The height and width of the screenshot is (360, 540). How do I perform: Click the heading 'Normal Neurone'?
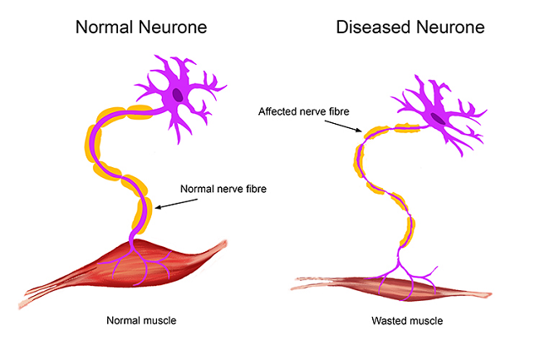tap(140, 27)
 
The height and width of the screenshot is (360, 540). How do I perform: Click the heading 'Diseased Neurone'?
tap(410, 27)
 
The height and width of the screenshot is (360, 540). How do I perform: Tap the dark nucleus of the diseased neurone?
tap(437, 118)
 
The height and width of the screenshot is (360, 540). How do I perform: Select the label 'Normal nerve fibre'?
tap(223, 188)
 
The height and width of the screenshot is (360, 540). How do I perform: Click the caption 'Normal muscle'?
tap(141, 319)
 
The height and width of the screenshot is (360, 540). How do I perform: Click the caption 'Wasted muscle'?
tap(407, 319)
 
